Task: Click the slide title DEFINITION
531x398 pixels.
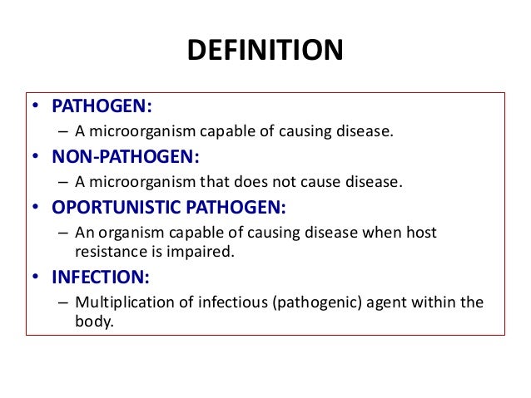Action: tap(265, 50)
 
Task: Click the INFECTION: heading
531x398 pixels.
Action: tap(92, 276)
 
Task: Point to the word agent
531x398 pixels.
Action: tap(373, 302)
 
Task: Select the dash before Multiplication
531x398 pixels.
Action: tap(64, 302)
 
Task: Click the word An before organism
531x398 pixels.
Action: tap(84, 233)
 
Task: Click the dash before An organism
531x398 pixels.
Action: tap(64, 233)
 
